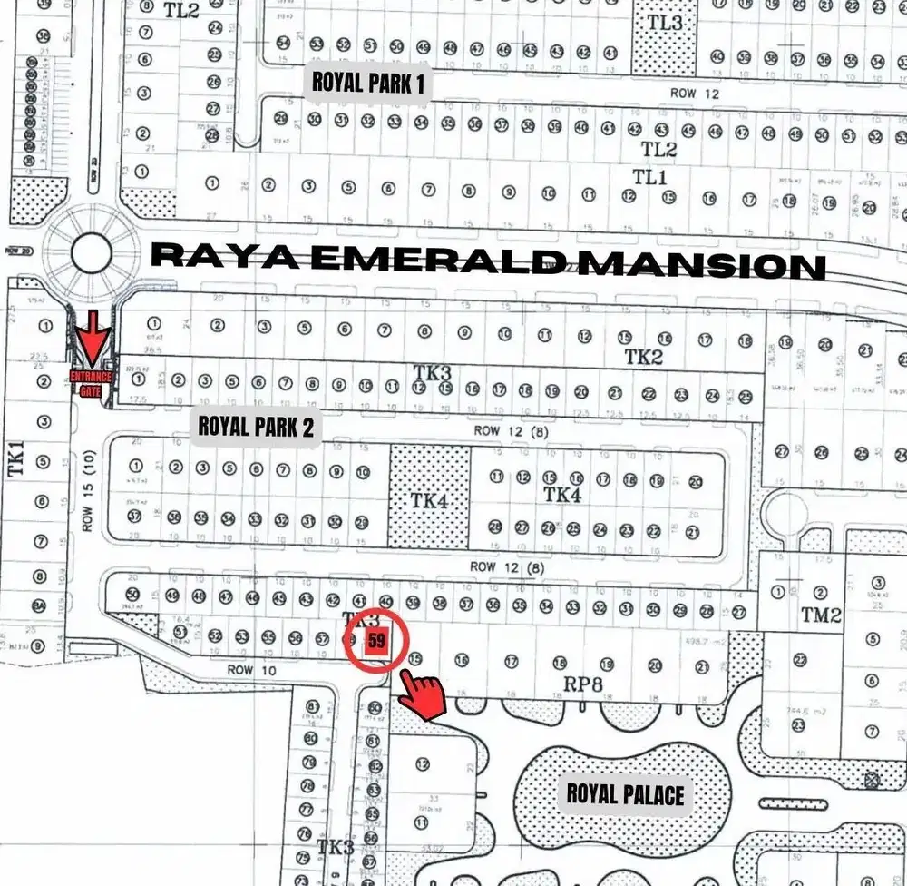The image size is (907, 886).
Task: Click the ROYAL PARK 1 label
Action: (x=368, y=83)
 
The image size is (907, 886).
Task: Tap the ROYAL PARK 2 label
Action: (x=256, y=426)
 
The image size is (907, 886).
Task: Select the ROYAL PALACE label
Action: (x=625, y=794)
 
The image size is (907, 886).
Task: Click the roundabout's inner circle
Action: (x=90, y=253)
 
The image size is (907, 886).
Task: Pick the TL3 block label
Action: (x=665, y=23)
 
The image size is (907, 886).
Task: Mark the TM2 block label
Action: (x=821, y=615)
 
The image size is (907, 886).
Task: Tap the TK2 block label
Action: (x=643, y=357)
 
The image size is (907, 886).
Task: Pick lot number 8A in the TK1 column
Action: (x=39, y=606)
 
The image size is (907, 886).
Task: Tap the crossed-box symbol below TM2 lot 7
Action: (x=873, y=779)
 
